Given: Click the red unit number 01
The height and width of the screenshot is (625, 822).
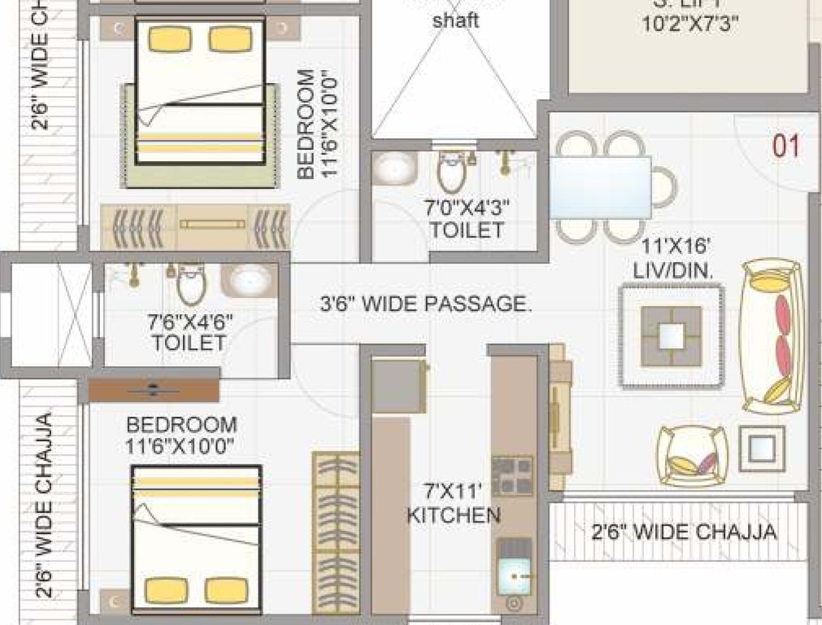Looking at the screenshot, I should [x=785, y=146].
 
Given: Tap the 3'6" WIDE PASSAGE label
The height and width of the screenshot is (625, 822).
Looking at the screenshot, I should [x=425, y=305].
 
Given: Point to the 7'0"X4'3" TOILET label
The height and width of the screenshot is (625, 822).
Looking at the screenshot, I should [x=468, y=218].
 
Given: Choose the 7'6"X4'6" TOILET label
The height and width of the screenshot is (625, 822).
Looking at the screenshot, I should [x=189, y=330].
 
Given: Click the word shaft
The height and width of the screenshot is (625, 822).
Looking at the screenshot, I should [x=454, y=20].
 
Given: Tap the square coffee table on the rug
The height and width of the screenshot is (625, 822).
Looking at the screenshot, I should [x=671, y=335].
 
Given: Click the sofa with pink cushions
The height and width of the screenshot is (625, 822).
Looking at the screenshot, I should [x=773, y=336].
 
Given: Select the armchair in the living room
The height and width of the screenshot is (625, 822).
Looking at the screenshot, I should [x=692, y=456].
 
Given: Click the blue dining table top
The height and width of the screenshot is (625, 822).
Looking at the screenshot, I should [x=600, y=187].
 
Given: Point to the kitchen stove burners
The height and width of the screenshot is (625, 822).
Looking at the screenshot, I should [x=512, y=476].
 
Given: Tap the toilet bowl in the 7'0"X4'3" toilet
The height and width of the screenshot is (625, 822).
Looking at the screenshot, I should [x=450, y=170].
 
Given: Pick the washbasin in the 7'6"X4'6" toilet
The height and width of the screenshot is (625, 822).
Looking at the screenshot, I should [x=249, y=280].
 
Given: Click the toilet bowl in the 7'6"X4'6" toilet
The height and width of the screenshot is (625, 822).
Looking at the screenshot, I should [x=191, y=282].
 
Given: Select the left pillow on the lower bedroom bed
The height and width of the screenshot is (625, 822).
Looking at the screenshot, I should [x=162, y=590].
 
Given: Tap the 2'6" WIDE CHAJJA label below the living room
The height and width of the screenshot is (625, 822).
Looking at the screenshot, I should [x=683, y=533].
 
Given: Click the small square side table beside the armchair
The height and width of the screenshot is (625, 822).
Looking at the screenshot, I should [x=762, y=448].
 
